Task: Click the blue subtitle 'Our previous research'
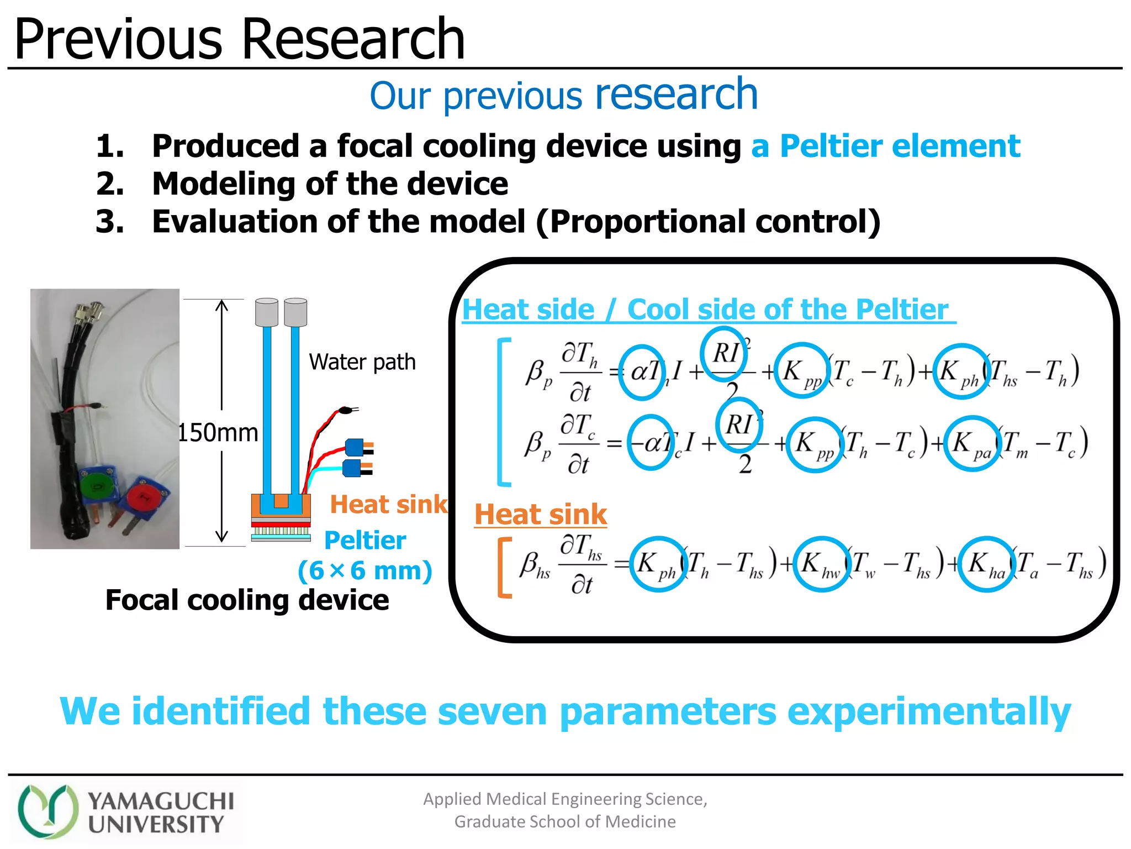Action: pyautogui.click(x=563, y=95)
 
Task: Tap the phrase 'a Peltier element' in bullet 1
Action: pyautogui.click(x=885, y=146)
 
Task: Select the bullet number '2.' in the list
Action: pyautogui.click(x=110, y=184)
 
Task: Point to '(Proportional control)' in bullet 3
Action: pyautogui.click(x=708, y=222)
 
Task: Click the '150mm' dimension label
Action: pyautogui.click(x=218, y=433)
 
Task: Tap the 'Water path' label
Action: pyautogui.click(x=362, y=362)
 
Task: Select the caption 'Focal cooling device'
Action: pyautogui.click(x=247, y=600)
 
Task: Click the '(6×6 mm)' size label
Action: pyautogui.click(x=365, y=570)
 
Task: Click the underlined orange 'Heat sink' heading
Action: pyautogui.click(x=541, y=515)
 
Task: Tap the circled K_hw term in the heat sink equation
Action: pyautogui.click(x=821, y=564)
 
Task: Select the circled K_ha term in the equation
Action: pyautogui.click(x=986, y=564)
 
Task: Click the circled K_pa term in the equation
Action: pyautogui.click(x=972, y=443)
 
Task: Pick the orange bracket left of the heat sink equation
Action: pyautogui.click(x=504, y=567)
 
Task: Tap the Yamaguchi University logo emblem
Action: pyautogui.click(x=47, y=811)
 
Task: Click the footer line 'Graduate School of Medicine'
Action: pyautogui.click(x=565, y=822)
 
